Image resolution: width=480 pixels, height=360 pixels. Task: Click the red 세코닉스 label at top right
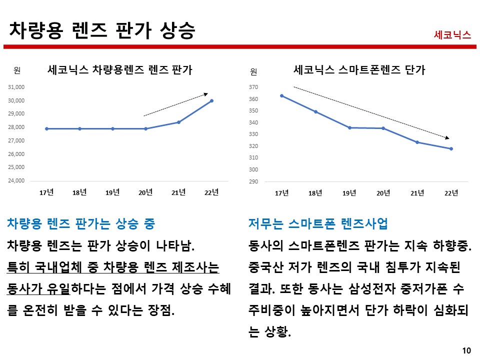pyautogui.click(x=452, y=35)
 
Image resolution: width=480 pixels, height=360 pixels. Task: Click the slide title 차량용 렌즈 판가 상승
pyautogui.click(x=102, y=30)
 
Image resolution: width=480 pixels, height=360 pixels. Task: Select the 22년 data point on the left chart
pyautogui.click(x=211, y=101)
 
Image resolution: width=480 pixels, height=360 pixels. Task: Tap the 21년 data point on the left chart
pyautogui.click(x=178, y=122)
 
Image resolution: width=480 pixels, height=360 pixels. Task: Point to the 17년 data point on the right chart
pyautogui.click(x=281, y=95)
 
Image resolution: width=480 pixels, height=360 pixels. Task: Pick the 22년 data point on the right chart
pyautogui.click(x=451, y=148)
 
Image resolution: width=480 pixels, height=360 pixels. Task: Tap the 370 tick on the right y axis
pyautogui.click(x=253, y=87)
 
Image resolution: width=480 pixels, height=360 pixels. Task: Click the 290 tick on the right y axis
pyautogui.click(x=253, y=181)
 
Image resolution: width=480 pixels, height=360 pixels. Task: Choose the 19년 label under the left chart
pyautogui.click(x=112, y=192)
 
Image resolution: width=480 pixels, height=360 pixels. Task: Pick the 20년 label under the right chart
pyautogui.click(x=383, y=193)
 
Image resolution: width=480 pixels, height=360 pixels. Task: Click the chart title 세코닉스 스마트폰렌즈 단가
pyautogui.click(x=359, y=70)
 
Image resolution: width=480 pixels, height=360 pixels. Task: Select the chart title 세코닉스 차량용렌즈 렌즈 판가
pyautogui.click(x=119, y=70)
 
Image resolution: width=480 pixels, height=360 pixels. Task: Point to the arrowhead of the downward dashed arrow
pyautogui.click(x=447, y=137)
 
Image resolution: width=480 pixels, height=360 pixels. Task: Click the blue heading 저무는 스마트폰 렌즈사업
pyautogui.click(x=318, y=224)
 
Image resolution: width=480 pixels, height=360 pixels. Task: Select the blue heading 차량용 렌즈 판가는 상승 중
pyautogui.click(x=80, y=224)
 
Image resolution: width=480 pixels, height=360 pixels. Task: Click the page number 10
pyautogui.click(x=467, y=350)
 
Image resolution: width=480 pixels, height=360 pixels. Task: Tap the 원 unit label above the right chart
pyautogui.click(x=253, y=72)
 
